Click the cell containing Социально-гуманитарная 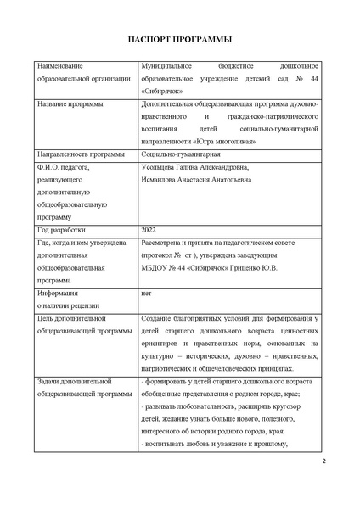[179, 155]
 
